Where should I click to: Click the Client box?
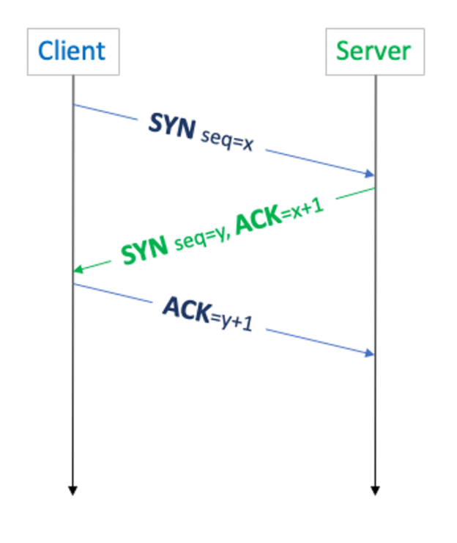(73, 51)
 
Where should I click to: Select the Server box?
(374, 51)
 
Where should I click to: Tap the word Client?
(73, 51)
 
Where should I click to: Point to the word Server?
(374, 51)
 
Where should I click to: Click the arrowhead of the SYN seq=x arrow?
(371, 174)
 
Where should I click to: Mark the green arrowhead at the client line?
(77, 271)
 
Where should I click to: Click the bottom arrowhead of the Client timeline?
(73, 490)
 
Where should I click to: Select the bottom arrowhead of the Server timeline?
(375, 490)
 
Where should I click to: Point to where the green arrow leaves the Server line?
(374, 189)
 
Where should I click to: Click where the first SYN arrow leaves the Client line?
(73, 105)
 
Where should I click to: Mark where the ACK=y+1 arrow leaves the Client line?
(73, 284)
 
